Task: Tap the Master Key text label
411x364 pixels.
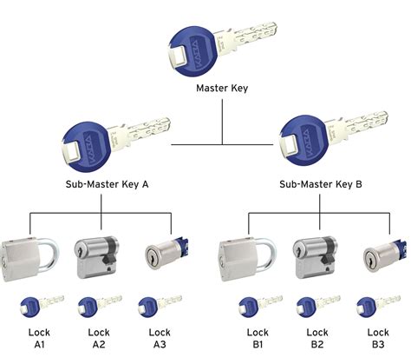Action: [x=222, y=89]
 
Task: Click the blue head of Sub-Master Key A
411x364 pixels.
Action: [x=83, y=142]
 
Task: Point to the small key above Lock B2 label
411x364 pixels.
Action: [x=316, y=305]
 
